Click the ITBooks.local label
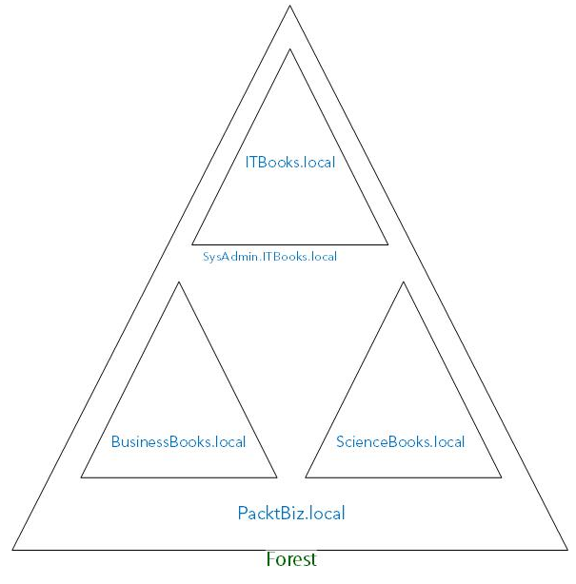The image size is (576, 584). (x=290, y=163)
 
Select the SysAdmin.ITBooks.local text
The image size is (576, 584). (x=270, y=257)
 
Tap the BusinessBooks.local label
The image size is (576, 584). (x=178, y=442)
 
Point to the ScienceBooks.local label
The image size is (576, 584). (x=401, y=442)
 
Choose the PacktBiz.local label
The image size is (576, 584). (x=290, y=514)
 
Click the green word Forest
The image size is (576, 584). (x=291, y=559)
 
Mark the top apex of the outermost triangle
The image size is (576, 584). (x=290, y=7)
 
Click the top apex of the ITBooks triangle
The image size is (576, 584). (x=290, y=49)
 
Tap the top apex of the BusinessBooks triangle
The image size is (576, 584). (x=179, y=282)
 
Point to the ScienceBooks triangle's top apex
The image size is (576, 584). (x=403, y=282)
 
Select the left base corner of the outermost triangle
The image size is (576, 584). (x=12, y=550)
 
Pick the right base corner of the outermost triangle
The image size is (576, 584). (x=567, y=550)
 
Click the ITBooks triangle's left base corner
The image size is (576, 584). (x=192, y=244)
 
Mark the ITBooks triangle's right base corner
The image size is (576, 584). (x=388, y=244)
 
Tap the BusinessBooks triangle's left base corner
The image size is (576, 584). (x=81, y=477)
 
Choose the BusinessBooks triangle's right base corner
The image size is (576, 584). (x=277, y=477)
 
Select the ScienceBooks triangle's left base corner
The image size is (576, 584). (x=305, y=477)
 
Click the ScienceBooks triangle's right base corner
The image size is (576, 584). (x=501, y=477)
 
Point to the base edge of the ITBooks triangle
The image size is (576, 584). (x=290, y=244)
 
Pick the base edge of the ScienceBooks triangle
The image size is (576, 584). (x=403, y=477)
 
